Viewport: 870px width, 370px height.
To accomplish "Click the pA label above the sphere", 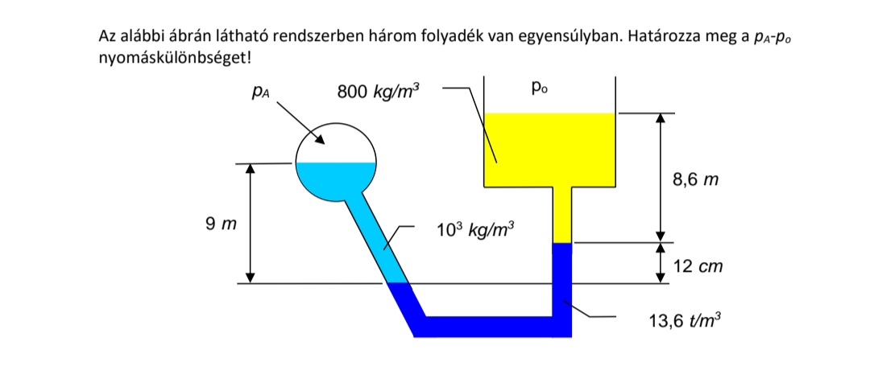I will [x=259, y=93].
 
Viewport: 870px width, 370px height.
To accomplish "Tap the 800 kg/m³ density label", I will [x=378, y=92].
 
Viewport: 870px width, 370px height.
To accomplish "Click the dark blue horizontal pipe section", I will [x=491, y=327].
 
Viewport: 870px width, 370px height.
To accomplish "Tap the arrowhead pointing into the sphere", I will [x=320, y=142].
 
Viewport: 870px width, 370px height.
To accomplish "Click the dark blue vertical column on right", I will [x=561, y=277].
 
